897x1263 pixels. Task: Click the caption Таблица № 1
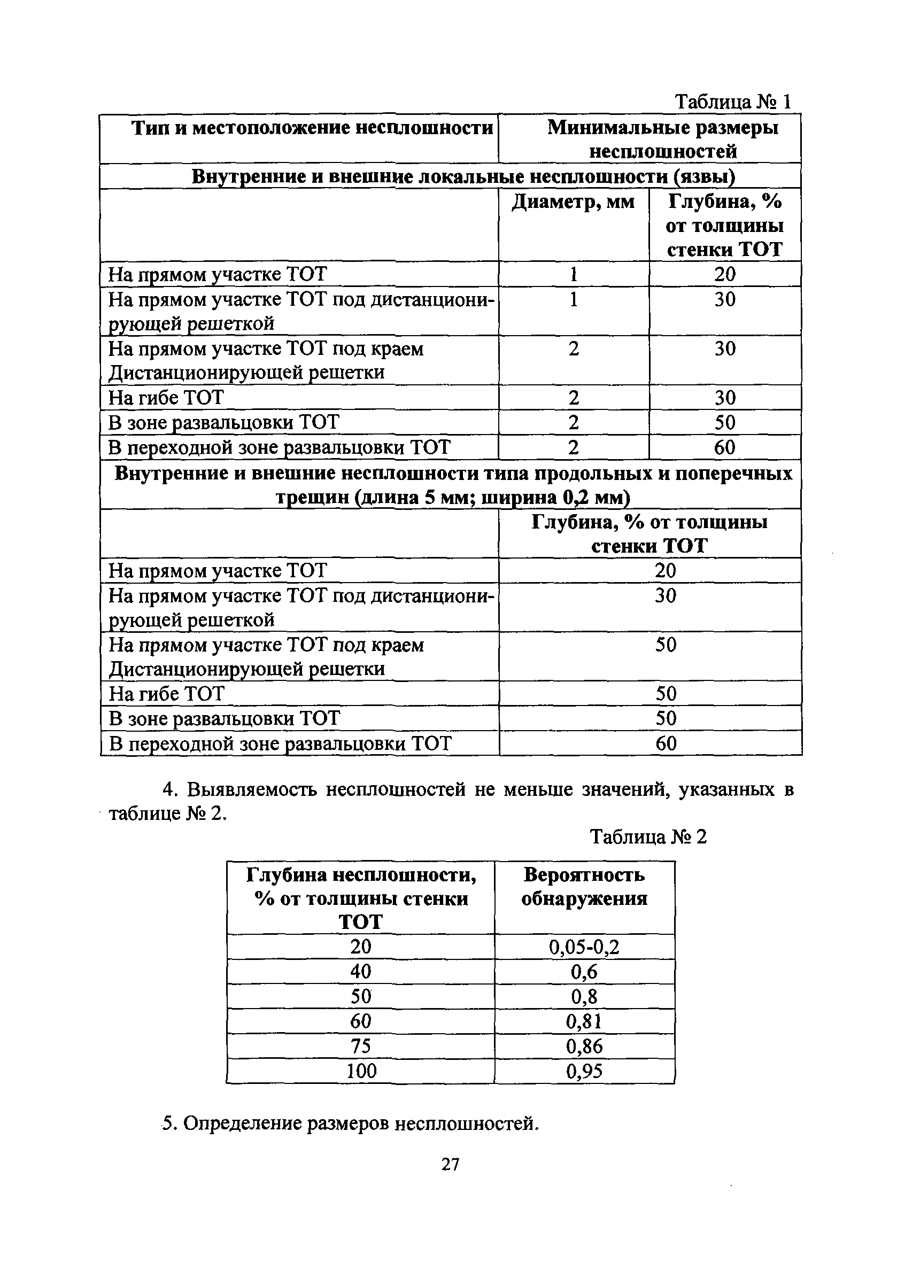tap(733, 102)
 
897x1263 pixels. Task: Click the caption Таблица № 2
tap(648, 837)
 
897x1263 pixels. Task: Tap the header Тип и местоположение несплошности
tap(312, 128)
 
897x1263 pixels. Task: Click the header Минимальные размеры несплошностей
tap(662, 139)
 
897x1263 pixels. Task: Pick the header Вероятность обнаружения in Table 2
tap(584, 887)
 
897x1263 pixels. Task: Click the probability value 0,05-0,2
tap(584, 947)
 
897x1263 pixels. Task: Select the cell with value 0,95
tap(584, 1071)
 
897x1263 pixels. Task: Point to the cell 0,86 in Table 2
tap(584, 1047)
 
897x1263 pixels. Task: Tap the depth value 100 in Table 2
tap(361, 1071)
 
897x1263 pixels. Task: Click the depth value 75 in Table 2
tap(361, 1046)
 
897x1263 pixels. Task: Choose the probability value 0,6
tap(584, 972)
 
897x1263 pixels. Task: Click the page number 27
tap(450, 1164)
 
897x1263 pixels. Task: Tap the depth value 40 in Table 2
tap(361, 971)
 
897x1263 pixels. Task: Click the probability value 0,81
tap(584, 1021)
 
